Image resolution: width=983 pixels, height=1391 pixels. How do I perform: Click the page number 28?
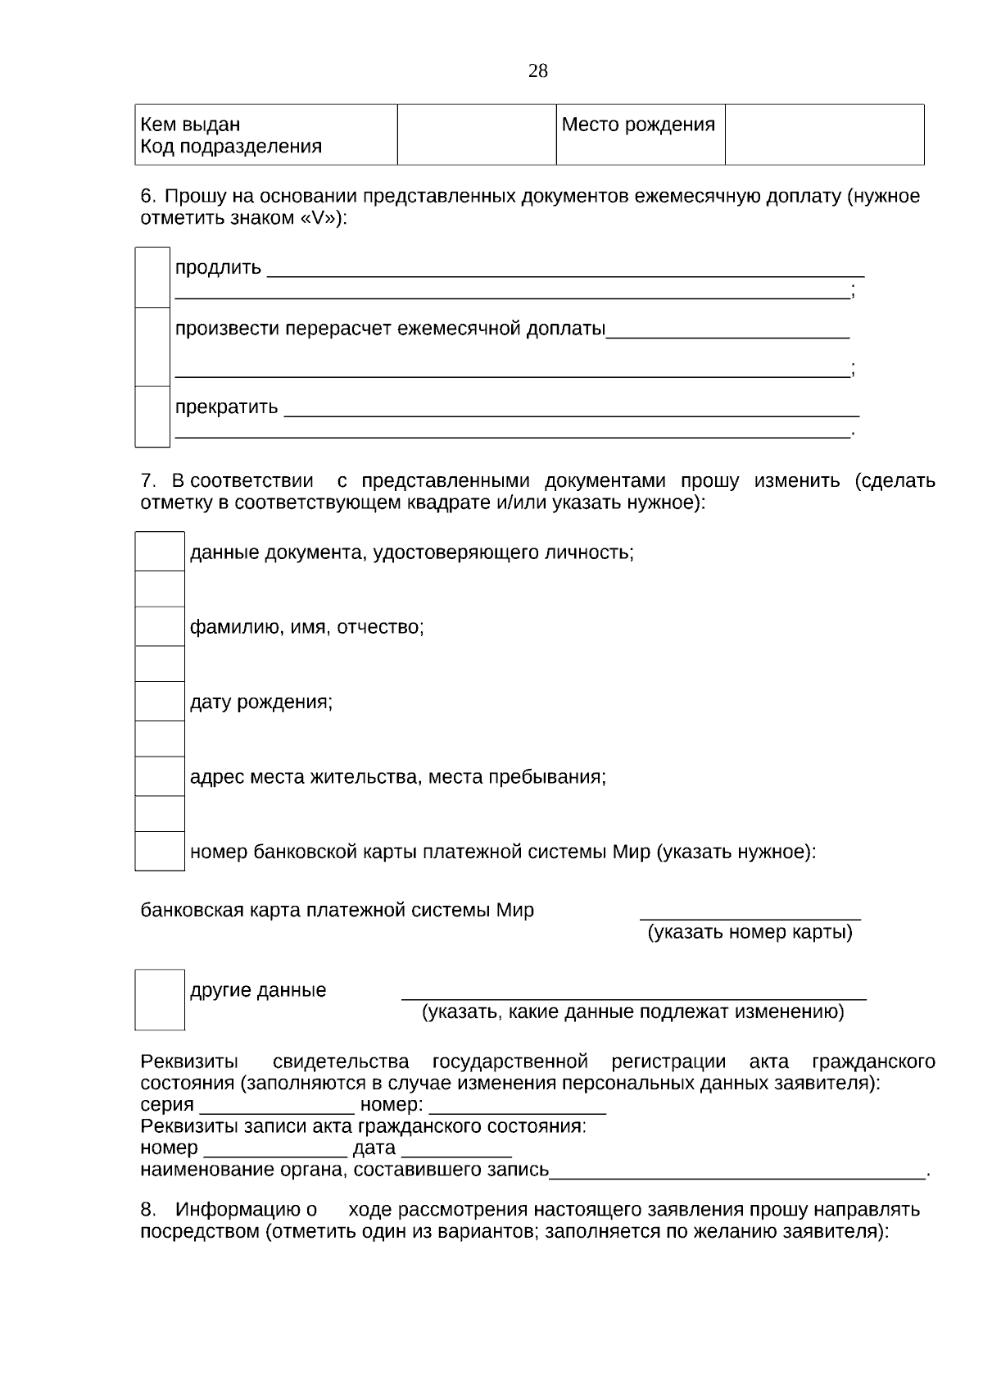tap(538, 71)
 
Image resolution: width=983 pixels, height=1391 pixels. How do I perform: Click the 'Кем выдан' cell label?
tap(190, 125)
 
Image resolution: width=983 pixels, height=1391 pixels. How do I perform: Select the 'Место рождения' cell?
tap(638, 125)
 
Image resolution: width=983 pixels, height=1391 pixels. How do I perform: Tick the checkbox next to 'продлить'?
tap(152, 278)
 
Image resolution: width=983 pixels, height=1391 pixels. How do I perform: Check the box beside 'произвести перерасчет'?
tap(152, 347)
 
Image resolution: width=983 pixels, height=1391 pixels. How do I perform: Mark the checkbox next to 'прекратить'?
tap(152, 416)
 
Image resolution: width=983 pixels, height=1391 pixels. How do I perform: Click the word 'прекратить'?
tap(226, 407)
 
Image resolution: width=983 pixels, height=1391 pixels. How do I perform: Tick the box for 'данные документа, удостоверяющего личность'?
tap(160, 552)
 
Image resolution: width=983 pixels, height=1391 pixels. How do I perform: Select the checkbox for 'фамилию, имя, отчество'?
tap(160, 627)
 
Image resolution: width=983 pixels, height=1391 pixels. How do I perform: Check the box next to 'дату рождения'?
tap(160, 702)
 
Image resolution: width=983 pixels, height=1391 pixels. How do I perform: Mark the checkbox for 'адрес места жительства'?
tap(160, 776)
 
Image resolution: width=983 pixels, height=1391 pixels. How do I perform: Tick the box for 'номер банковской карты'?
tap(160, 852)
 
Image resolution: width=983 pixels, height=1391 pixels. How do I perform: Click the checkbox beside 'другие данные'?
tap(160, 1000)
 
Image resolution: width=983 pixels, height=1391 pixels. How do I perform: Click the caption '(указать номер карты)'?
tap(750, 933)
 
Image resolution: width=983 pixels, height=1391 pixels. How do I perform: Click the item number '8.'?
tap(148, 1210)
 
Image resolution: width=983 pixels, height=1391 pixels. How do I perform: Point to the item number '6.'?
tap(148, 197)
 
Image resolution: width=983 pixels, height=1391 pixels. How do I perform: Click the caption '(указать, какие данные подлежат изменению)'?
tap(632, 1012)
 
